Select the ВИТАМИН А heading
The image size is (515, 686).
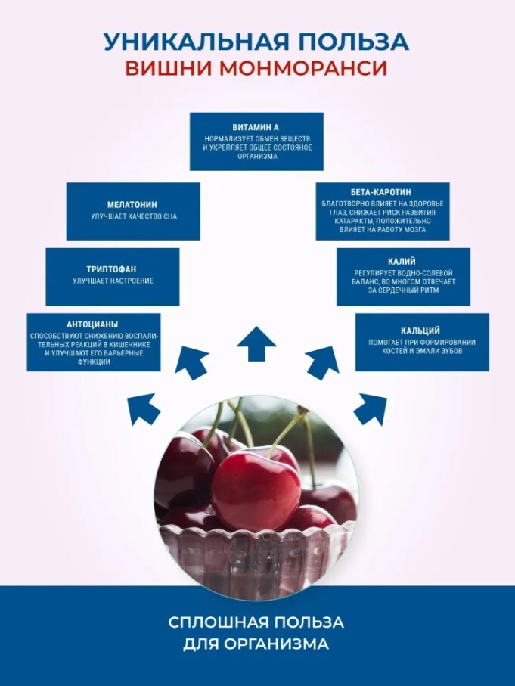coord(256,127)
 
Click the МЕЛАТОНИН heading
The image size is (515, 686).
coord(132,205)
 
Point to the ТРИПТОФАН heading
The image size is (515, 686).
coord(113,269)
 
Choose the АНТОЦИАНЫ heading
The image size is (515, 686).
coord(93,324)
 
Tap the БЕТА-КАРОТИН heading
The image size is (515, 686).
coord(382,194)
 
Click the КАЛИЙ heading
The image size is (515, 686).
coord(403,261)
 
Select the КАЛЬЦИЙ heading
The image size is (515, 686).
coord(421,331)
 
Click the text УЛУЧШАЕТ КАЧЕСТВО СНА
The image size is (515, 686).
coord(133,217)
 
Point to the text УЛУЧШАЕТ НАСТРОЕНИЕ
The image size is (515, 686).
coord(113,281)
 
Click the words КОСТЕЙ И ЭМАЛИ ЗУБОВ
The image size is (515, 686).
coord(421,352)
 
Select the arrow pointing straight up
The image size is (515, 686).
coord(256,344)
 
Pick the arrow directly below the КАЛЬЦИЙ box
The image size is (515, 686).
coord(370,408)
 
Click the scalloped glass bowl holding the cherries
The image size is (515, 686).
coord(257,560)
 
